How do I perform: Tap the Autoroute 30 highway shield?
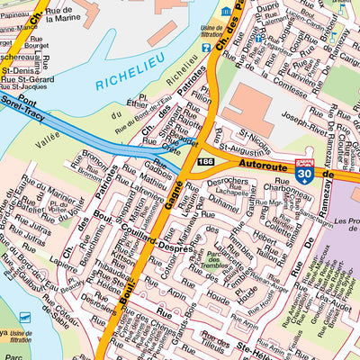tap(306, 175)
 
